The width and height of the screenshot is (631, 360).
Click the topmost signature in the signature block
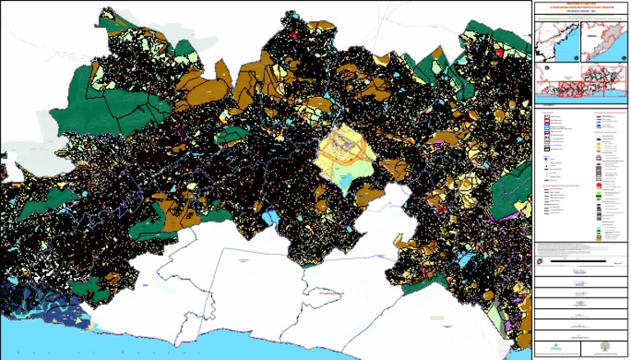pos(579,271)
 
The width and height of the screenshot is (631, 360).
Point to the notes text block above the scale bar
pos(579,247)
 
